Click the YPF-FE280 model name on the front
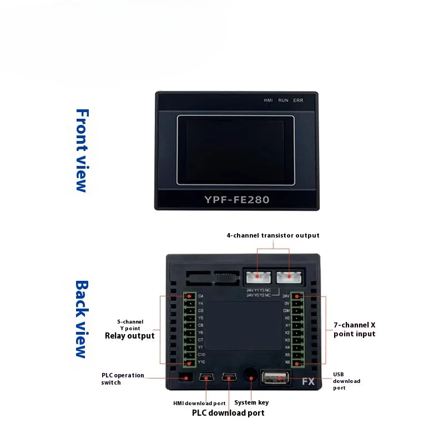pyautogui.click(x=236, y=199)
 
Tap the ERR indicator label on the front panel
pyautogui.click(x=298, y=100)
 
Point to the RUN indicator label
pyautogui.click(x=283, y=100)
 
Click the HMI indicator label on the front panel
pyautogui.click(x=269, y=100)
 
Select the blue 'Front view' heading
pyautogui.click(x=82, y=150)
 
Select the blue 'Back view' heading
pyautogui.click(x=82, y=319)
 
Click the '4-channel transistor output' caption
pyautogui.click(x=273, y=235)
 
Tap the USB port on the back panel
pyautogui.click(x=274, y=379)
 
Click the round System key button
pyautogui.click(x=250, y=377)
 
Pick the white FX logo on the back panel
pyautogui.click(x=308, y=382)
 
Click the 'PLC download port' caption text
pyautogui.click(x=228, y=413)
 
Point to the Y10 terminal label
pyautogui.click(x=201, y=362)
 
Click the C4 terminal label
pyautogui.click(x=200, y=296)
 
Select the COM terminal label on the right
pyautogui.click(x=286, y=311)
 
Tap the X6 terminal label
pyautogui.click(x=287, y=362)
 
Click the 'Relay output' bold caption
pyautogui.click(x=129, y=336)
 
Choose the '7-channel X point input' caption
pyautogui.click(x=354, y=329)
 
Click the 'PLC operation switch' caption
pyautogui.click(x=122, y=379)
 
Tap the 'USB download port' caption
pyautogui.click(x=346, y=381)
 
